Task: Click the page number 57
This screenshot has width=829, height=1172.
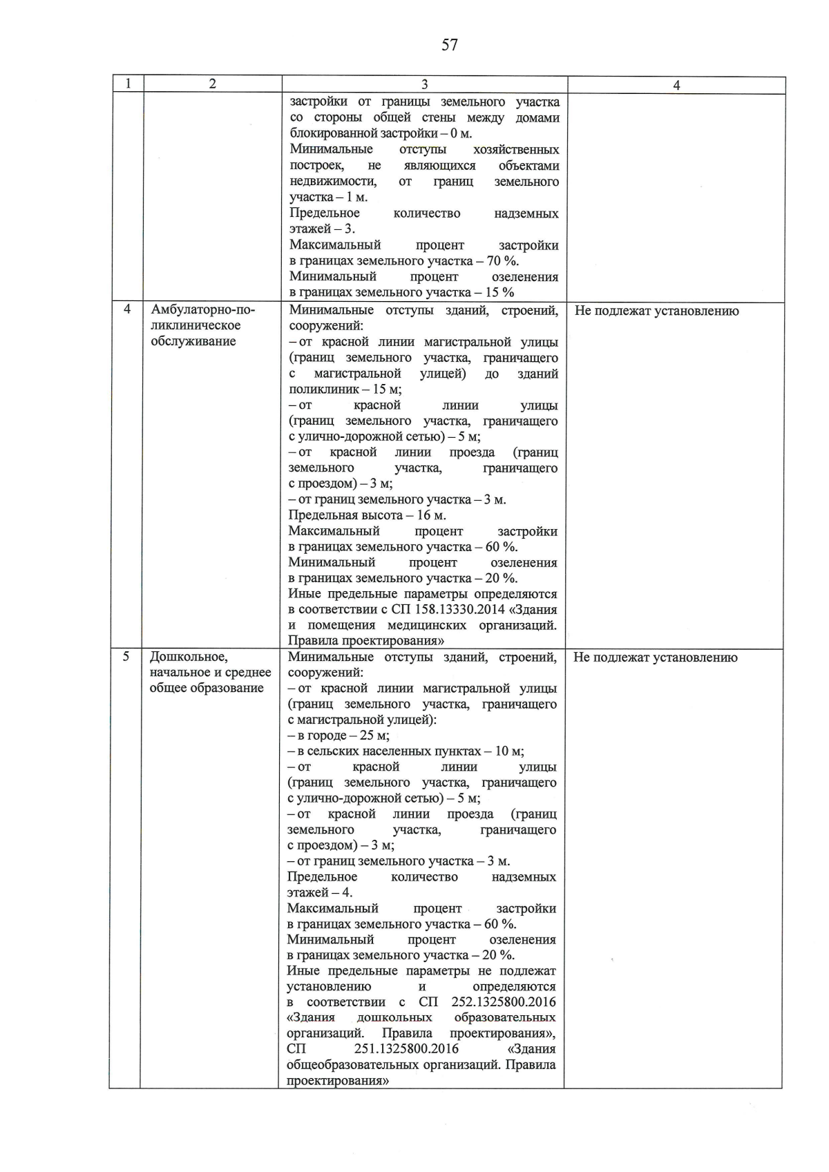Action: click(449, 46)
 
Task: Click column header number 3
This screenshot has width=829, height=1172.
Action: click(424, 84)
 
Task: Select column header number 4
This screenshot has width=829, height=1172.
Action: click(676, 85)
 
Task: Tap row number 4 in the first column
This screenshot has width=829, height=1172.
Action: click(127, 309)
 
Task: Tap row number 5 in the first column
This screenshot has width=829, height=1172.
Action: click(126, 656)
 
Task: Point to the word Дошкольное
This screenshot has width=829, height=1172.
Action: click(188, 657)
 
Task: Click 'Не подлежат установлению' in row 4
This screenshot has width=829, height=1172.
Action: click(656, 311)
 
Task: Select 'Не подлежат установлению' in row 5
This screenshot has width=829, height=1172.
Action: click(655, 657)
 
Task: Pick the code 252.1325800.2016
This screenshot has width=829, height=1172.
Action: click(503, 1002)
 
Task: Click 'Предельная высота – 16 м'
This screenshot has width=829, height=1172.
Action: click(367, 515)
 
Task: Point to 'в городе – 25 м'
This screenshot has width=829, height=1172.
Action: click(339, 736)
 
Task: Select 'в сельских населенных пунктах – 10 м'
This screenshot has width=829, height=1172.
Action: click(406, 751)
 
